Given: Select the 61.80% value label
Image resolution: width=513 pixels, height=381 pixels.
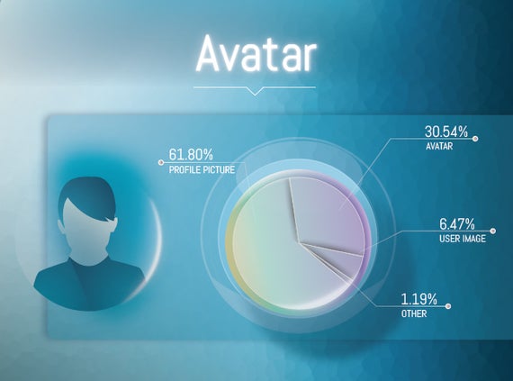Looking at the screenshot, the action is coord(191,155).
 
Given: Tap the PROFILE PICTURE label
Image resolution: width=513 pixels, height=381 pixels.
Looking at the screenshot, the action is coord(202,169).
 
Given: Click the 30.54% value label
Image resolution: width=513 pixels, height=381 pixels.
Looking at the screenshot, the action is coord(446,132).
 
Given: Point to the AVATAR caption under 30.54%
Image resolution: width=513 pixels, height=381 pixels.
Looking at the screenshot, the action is coord(439,146).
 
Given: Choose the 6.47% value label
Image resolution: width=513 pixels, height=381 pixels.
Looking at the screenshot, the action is coord(456,224).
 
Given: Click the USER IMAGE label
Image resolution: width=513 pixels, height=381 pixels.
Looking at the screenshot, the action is coord(463,239).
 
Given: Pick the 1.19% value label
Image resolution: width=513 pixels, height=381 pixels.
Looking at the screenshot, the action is coord(419,299).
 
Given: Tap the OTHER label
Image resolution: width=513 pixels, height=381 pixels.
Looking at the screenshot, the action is coord(414,313).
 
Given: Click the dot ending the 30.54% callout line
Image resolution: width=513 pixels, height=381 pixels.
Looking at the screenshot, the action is coord(475,139).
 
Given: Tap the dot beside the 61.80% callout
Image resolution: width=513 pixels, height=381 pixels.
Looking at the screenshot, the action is coord(160,162).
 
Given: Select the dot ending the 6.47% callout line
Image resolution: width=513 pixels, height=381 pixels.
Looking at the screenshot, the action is coord(493,231).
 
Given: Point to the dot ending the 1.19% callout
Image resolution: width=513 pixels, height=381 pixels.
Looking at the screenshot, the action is coord(448,306).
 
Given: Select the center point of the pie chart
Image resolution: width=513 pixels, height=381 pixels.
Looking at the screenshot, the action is coord(299,242).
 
